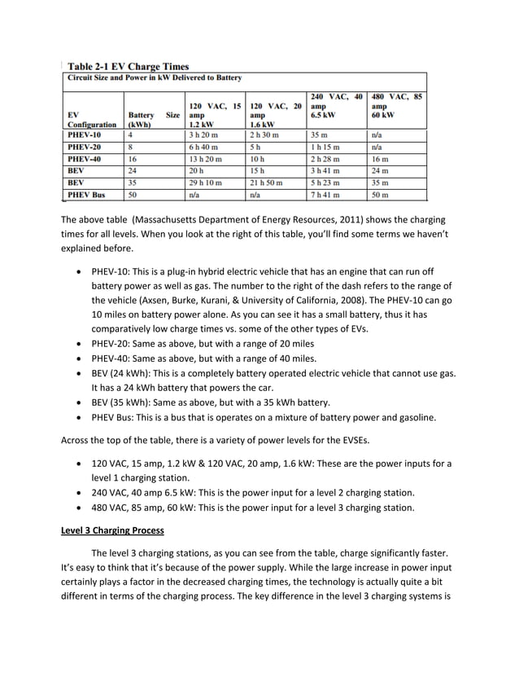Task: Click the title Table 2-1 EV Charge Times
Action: [x=129, y=66]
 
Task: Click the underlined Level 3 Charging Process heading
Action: [x=112, y=530]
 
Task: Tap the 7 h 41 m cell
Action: [x=325, y=196]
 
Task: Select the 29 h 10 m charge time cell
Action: [x=206, y=183]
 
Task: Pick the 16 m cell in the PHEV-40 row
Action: [x=379, y=159]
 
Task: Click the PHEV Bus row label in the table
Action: [x=87, y=196]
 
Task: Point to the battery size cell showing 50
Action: [x=133, y=196]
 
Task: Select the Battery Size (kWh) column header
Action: [x=153, y=121]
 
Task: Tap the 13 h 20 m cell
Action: [x=206, y=159]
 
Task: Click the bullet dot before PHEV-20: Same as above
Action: [x=77, y=344]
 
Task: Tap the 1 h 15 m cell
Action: [x=326, y=147]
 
